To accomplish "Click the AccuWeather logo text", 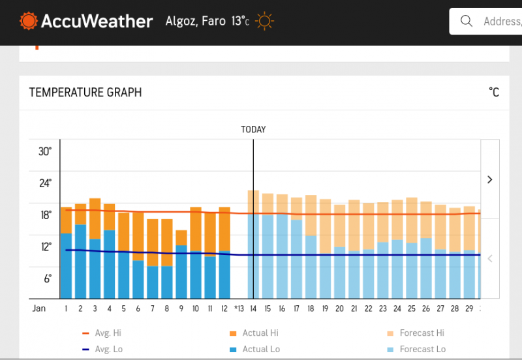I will point(97,22).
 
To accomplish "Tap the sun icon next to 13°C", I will point(264,22).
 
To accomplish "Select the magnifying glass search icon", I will point(467,21).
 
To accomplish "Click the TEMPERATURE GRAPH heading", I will point(85,93).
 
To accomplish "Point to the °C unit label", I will point(493,93).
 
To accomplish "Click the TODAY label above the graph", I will point(253,129).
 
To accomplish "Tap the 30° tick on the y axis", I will point(44,151).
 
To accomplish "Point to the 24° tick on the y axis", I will point(44,183).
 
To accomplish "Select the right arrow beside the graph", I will point(490,179).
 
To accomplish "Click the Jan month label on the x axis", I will point(39,308).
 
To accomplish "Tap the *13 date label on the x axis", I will point(238,308).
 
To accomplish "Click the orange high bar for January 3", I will point(95,218).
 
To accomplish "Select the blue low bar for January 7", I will point(152,282).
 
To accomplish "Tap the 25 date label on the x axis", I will point(412,308).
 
